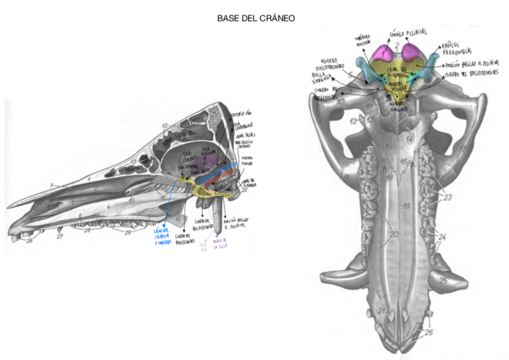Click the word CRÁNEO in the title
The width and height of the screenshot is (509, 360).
[x=279, y=18]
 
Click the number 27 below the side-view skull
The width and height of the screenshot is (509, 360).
[x=59, y=236]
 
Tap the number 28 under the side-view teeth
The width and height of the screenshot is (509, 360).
[x=88, y=230]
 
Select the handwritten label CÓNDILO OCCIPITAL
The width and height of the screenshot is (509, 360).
[x=410, y=34]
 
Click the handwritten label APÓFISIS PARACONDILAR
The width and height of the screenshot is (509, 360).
[x=459, y=48]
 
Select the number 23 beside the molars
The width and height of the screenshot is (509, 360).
[x=446, y=196]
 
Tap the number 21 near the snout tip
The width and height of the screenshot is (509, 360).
[x=381, y=310]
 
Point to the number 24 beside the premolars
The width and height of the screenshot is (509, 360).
[x=442, y=238]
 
